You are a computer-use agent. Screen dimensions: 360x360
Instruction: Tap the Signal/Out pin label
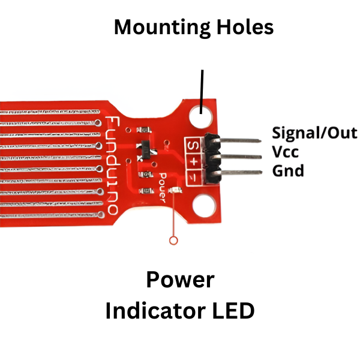[x=314, y=133]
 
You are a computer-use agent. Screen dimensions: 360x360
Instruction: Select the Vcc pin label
[x=285, y=151]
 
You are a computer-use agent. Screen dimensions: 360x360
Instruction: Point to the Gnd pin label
[x=288, y=170]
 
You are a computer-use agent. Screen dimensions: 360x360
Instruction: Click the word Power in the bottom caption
[x=180, y=280]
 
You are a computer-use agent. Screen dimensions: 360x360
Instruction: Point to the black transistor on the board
[x=146, y=149]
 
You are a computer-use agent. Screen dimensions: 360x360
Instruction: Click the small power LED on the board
[x=174, y=191]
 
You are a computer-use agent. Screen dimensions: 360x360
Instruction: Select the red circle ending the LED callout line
[x=174, y=241]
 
